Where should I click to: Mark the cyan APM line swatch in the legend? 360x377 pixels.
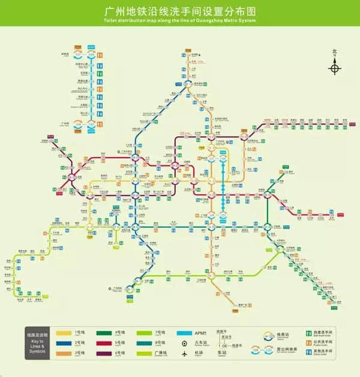click(185, 333)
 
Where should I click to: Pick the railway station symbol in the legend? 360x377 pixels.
click(185, 344)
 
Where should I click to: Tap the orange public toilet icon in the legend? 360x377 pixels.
click(301, 344)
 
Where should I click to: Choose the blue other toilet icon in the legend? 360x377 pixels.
click(301, 355)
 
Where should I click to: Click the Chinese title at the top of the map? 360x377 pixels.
click(179, 11)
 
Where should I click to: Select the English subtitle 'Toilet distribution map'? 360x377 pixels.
click(179, 22)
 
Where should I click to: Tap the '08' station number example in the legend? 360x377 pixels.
click(224, 346)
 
